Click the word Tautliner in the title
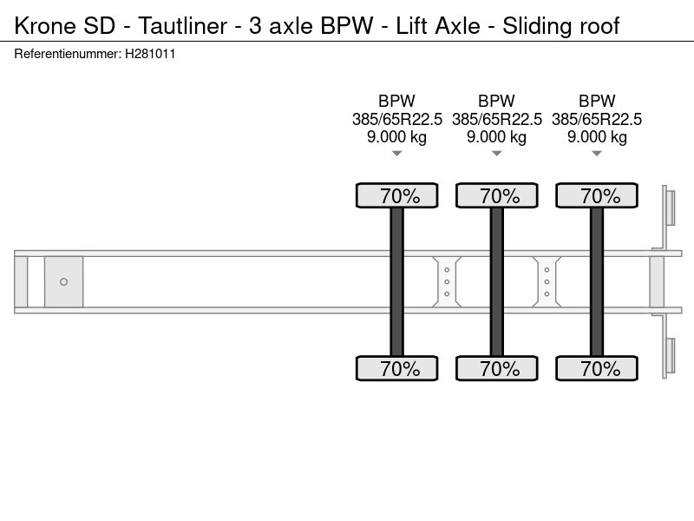tap(182, 25)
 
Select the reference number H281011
tap(150, 54)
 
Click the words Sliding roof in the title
tap(560, 25)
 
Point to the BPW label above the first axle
tap(396, 101)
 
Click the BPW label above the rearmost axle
tap(597, 101)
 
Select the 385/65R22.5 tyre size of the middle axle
tap(496, 119)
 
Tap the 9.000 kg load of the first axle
tap(396, 137)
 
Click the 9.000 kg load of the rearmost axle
tap(597, 137)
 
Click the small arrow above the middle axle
tap(496, 154)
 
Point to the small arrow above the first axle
tap(396, 154)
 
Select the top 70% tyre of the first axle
tap(397, 195)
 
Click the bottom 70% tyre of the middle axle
tap(496, 368)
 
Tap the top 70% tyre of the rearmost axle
tap(597, 195)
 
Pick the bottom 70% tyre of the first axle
tap(397, 368)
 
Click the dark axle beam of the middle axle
tap(496, 281)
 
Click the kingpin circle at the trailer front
tap(63, 281)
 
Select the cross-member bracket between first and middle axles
tap(447, 281)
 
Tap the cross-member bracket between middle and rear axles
tap(547, 281)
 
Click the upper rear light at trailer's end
tap(670, 208)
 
